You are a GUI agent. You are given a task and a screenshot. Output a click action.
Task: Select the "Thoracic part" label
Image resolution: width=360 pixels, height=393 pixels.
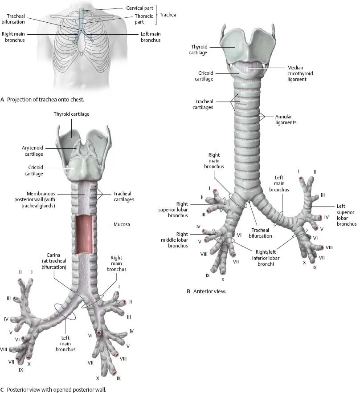point(144,18)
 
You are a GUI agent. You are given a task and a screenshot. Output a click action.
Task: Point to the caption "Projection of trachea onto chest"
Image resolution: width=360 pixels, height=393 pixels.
point(45,99)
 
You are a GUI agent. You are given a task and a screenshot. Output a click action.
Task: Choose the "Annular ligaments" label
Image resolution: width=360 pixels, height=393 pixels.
point(286,119)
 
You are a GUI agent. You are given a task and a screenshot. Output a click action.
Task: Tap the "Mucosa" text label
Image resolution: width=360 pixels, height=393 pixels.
point(122,225)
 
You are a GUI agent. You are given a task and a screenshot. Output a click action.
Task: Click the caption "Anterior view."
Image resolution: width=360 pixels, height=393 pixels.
point(209,292)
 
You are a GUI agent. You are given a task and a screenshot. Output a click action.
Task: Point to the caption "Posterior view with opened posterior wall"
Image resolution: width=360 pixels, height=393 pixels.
point(56,389)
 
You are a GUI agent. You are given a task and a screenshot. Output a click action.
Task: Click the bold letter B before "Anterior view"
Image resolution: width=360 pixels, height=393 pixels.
point(188,292)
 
